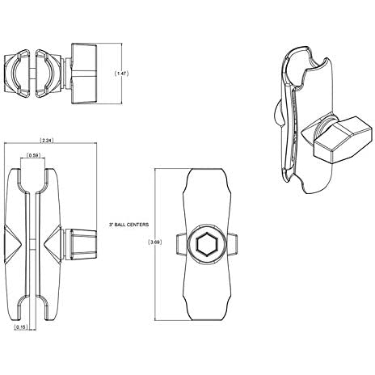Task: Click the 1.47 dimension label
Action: [121, 74]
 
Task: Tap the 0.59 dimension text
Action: [33, 155]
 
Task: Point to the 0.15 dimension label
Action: [21, 327]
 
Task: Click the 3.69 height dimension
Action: [155, 242]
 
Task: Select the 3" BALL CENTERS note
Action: [129, 225]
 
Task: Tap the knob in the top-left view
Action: [84, 74]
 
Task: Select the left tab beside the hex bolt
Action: [182, 244]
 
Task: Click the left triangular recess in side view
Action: [13, 244]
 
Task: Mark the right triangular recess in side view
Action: [53, 244]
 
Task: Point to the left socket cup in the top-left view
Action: [17, 74]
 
